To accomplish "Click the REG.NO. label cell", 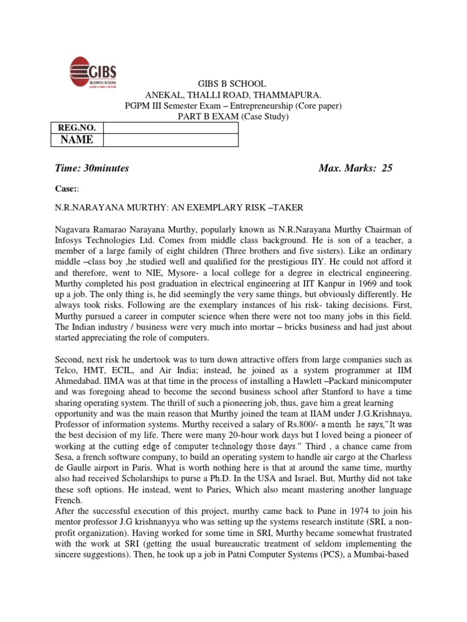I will click(76, 128).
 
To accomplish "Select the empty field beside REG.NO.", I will click(170, 128).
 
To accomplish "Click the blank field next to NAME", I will click(170, 140).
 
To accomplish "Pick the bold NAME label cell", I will click(76, 140).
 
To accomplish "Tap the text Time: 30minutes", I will click(92, 168).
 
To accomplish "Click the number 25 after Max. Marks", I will click(387, 168).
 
